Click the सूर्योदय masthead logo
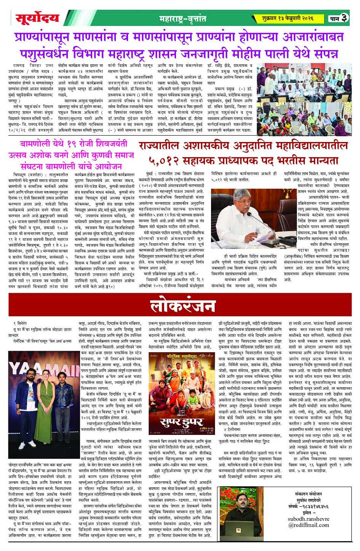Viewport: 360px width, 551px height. point(37,18)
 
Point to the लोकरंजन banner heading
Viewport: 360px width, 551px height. point(183,305)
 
